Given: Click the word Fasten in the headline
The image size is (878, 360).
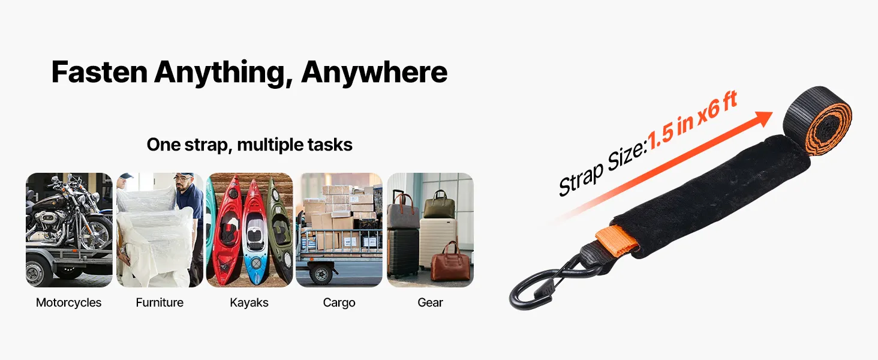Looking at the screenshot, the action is point(100,72).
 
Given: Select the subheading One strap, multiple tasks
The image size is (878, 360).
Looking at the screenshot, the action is point(249,145).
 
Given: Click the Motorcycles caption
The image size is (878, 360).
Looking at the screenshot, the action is point(68,303).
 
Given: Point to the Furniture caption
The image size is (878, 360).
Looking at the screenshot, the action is point(160,303).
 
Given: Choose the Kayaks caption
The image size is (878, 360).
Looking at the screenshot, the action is point(249,303).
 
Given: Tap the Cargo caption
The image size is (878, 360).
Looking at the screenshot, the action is point(339,303).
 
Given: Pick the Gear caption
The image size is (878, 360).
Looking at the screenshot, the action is point(430,303).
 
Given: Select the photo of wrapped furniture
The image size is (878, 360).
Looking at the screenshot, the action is point(160,230).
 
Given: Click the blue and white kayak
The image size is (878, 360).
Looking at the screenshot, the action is point(255,232).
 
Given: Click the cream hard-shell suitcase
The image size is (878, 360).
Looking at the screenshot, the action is point(438,243).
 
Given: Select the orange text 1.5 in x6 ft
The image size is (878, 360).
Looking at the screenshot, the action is point(692,121).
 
